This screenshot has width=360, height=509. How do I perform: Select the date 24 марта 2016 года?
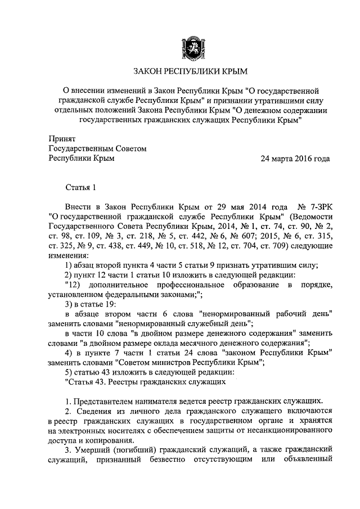[295, 159]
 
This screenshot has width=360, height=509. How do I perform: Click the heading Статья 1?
[82, 187]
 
